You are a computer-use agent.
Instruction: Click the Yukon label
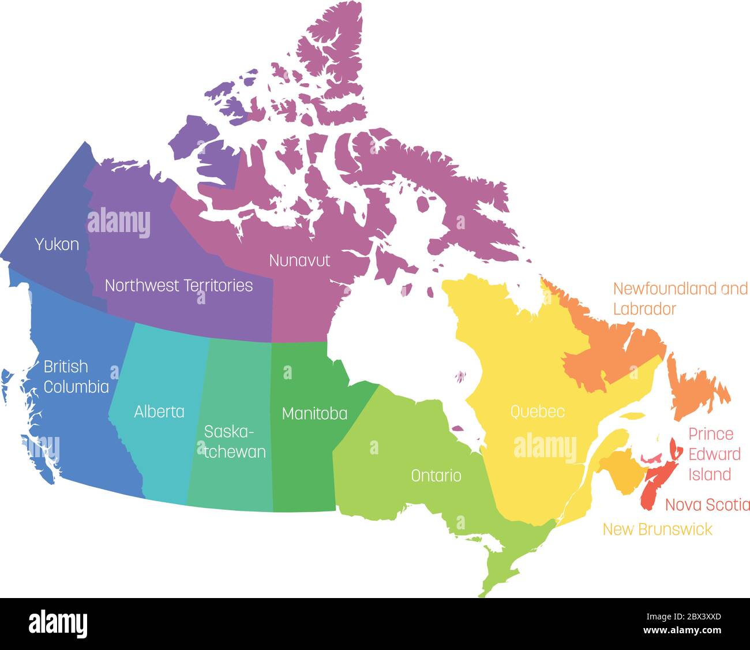(57, 244)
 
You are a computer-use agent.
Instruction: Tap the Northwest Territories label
(179, 285)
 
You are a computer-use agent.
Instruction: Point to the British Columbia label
(76, 376)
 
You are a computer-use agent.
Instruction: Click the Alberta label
(159, 412)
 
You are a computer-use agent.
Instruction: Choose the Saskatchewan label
(235, 442)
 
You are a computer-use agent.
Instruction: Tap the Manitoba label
(314, 413)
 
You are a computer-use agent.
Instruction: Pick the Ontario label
(436, 476)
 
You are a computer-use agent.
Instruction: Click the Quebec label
(537, 412)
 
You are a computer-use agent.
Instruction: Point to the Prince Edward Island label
(714, 454)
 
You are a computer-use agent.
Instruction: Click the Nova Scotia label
(707, 505)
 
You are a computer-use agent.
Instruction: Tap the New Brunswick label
(657, 529)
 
